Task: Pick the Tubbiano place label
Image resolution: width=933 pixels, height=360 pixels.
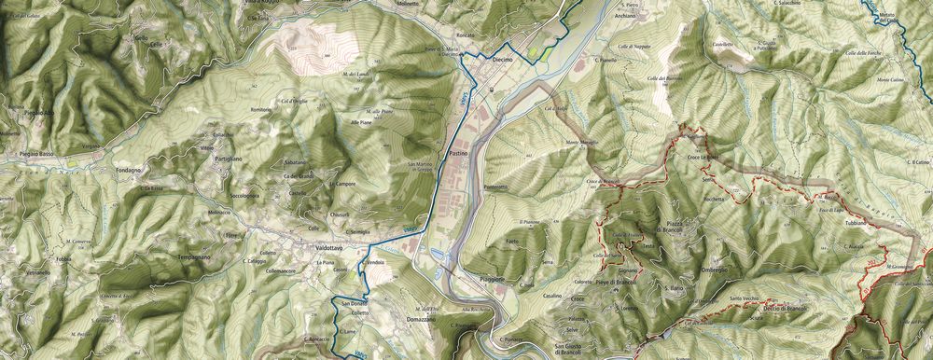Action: coord(856,224)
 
